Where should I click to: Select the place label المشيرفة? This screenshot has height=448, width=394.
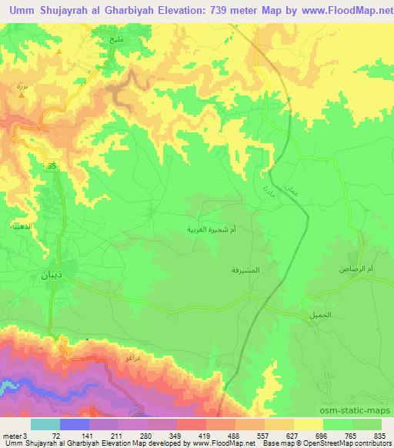244,270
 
